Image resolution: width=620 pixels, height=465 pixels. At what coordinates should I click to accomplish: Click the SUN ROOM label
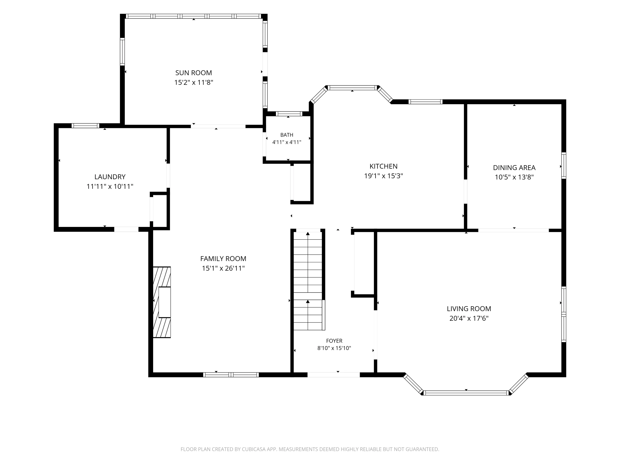coord(193,73)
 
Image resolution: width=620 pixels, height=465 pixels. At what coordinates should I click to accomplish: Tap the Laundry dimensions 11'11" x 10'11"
coord(110,186)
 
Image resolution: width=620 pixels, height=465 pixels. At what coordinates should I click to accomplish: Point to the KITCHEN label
coord(383,166)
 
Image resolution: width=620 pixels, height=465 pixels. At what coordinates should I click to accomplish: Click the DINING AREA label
coord(514,168)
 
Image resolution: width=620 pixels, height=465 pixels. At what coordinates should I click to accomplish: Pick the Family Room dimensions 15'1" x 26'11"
coord(223,268)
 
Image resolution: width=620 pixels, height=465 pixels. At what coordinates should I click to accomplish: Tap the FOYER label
coord(334,341)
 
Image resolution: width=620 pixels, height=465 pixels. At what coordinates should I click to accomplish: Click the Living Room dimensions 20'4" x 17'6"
coord(469,318)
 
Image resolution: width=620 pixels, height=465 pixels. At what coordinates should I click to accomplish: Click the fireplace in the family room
coord(162,302)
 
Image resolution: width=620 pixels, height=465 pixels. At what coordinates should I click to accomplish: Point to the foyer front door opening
coord(334,375)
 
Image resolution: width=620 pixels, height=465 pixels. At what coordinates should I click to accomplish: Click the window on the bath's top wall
coord(289,114)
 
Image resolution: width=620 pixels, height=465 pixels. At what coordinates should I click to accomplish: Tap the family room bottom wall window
coord(231,375)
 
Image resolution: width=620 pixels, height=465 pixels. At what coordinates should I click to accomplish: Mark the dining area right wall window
coord(564,165)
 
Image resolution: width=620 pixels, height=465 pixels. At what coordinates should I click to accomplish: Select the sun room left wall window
coord(122,52)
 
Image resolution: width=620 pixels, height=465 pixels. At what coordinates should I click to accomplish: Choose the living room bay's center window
coord(466,393)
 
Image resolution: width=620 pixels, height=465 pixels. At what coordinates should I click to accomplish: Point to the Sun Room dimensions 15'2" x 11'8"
coord(194,82)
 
